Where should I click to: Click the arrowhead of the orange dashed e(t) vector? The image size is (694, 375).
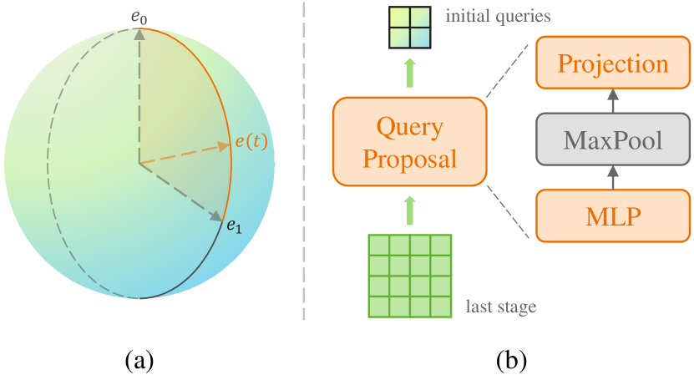tap(224, 146)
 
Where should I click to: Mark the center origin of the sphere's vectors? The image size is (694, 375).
tap(139, 163)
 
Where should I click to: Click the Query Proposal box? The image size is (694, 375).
tap(409, 142)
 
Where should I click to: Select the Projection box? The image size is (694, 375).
tap(613, 64)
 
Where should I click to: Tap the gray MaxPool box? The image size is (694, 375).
tap(613, 139)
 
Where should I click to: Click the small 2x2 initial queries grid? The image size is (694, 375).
tap(408, 29)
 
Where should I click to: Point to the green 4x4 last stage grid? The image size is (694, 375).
tap(409, 276)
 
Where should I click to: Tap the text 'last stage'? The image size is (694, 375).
tap(500, 307)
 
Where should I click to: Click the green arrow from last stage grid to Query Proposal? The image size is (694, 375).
tap(409, 210)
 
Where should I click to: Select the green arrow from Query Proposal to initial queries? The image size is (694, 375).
tap(409, 73)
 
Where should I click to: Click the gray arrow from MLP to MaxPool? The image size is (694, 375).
tap(613, 177)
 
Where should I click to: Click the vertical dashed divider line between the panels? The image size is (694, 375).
tap(303, 167)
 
